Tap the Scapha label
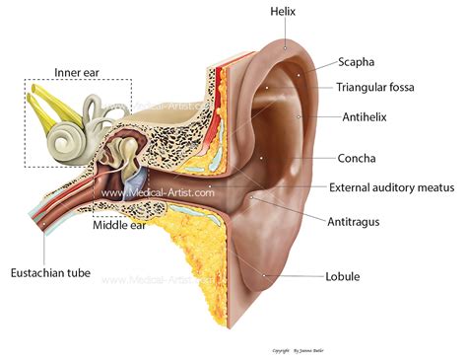362,62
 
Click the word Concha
358,158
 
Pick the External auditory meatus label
389,186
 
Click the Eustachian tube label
48,272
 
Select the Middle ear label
120,225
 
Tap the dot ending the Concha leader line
262,158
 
